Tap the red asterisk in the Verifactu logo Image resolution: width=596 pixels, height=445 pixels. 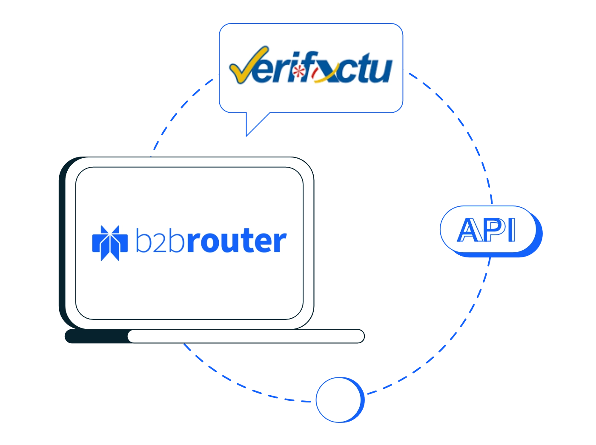(299, 71)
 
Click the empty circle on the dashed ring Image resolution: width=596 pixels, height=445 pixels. (340, 399)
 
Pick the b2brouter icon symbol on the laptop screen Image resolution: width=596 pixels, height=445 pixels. (110, 243)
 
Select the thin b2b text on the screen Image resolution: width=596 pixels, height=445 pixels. (160, 240)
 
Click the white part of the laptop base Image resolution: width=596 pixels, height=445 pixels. (246, 336)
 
